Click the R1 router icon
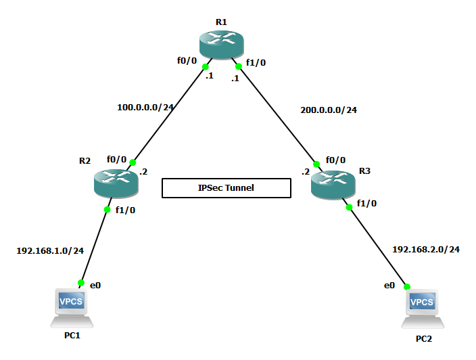pos(221,44)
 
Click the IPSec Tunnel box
pos(227,188)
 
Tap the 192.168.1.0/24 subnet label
pos(50,250)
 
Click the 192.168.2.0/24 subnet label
pos(426,250)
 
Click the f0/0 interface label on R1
pos(187,60)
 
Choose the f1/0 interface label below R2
pos(126,210)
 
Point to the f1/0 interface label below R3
pos(366,203)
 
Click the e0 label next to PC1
pos(95,285)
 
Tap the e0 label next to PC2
pos(389,286)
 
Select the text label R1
pos(221,22)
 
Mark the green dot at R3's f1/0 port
pos(350,207)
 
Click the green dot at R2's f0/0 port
pos(133,162)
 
